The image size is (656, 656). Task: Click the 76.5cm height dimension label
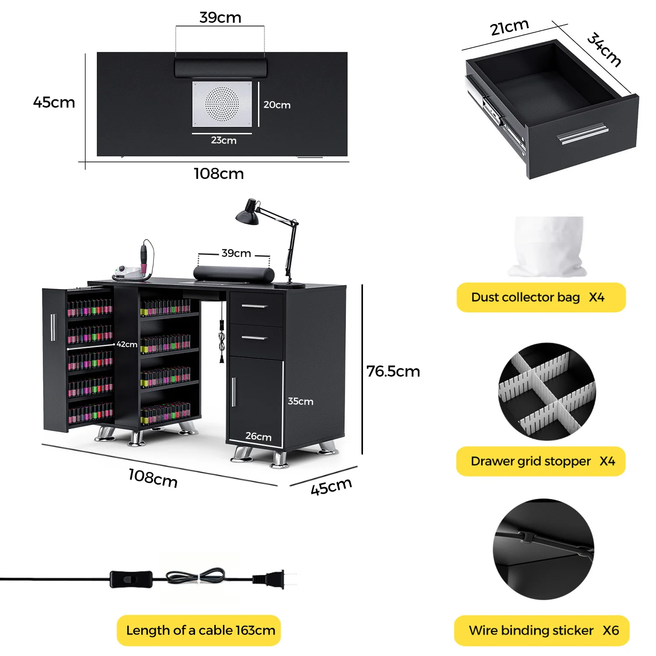(x=393, y=371)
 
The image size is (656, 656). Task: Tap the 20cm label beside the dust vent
(x=277, y=105)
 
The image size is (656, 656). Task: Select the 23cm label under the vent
(x=223, y=140)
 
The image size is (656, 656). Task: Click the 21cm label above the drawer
(x=509, y=28)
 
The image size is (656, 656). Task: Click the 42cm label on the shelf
(x=127, y=344)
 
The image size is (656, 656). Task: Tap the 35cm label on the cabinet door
(x=300, y=401)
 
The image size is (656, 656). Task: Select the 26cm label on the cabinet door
(x=258, y=436)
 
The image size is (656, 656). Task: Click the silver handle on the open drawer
(x=583, y=133)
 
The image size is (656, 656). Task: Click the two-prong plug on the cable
(x=271, y=579)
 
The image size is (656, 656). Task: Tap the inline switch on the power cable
(x=131, y=579)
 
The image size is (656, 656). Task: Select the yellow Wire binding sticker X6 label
(x=542, y=630)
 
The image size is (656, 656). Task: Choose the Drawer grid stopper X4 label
(x=541, y=461)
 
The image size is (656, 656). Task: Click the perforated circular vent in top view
(x=222, y=104)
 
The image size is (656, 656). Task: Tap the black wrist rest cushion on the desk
(x=234, y=274)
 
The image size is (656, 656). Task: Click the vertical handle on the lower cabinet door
(x=234, y=392)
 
